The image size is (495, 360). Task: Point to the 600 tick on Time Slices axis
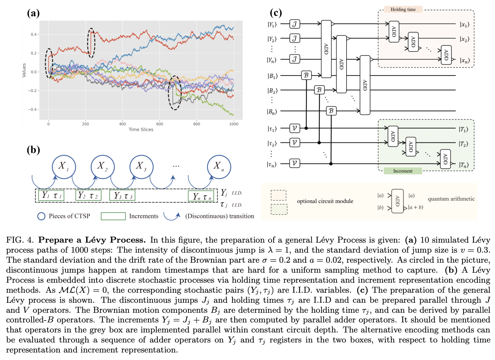point(160,124)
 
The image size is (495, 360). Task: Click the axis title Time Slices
point(141,130)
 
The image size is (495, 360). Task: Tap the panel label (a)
point(33,13)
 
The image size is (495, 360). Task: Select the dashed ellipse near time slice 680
point(175,93)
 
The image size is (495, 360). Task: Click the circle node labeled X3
point(141,166)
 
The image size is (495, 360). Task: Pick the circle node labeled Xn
point(219,166)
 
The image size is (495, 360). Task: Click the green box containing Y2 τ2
point(88,195)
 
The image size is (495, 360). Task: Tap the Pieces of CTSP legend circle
point(41,216)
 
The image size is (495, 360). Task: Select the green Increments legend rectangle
point(113,216)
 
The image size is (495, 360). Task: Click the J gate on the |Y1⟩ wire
point(294,24)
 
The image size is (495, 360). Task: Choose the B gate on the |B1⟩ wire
point(306,75)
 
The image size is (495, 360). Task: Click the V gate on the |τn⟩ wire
point(294,163)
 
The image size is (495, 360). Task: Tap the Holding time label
point(403,10)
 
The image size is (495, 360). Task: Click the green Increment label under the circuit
point(403,171)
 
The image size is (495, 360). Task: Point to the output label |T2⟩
point(464,144)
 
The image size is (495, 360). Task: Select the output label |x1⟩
point(464,25)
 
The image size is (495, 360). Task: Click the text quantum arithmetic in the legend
point(451,199)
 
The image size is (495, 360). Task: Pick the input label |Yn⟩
point(272,60)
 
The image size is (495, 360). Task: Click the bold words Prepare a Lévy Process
point(92,240)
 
